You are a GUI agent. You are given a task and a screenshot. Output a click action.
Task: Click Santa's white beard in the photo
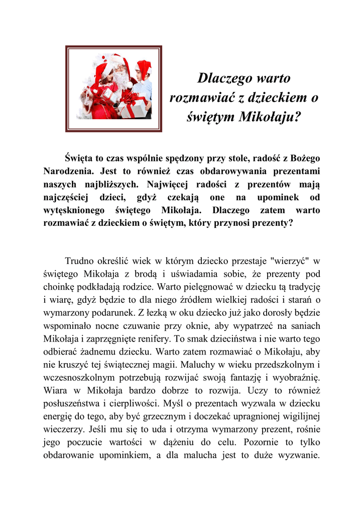click(x=121, y=80)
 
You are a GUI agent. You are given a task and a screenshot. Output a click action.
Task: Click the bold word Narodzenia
click(x=67, y=170)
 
